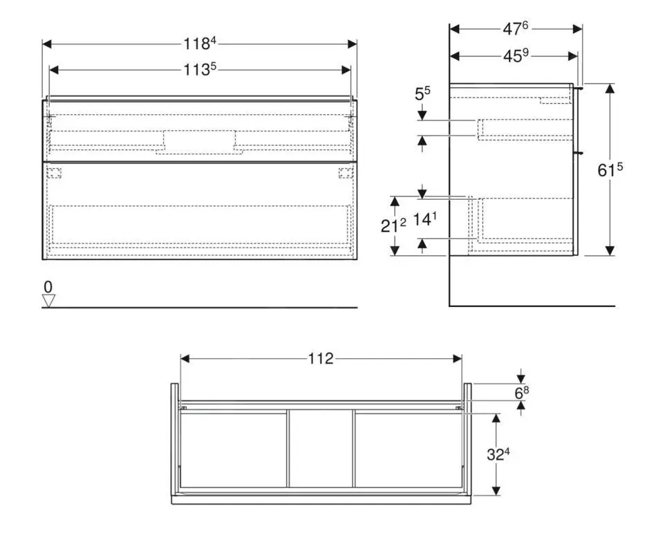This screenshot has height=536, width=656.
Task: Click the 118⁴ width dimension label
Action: (200, 44)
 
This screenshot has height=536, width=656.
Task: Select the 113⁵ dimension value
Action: (200, 70)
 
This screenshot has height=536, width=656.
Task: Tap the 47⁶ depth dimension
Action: (515, 29)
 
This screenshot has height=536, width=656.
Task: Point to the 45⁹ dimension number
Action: (515, 57)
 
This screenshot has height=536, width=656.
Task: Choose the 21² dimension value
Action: (393, 225)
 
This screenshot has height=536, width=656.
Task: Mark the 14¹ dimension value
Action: (425, 220)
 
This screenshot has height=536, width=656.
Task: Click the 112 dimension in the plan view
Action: (321, 358)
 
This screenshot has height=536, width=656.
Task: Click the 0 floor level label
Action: (48, 286)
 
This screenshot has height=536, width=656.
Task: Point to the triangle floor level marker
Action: (48, 300)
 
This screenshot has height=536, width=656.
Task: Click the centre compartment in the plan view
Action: (321, 449)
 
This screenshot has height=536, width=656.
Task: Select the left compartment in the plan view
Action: (233, 449)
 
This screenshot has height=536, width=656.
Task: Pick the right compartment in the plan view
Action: (408, 449)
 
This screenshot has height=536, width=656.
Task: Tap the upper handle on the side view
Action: (581, 88)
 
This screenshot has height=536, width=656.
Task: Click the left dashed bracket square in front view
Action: (55, 173)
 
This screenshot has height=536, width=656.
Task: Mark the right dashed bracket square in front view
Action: (346, 173)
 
